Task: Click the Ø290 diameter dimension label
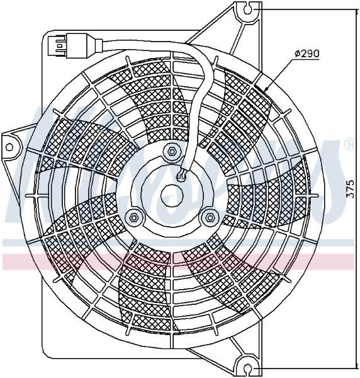click(307, 54)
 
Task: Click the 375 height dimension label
click(351, 189)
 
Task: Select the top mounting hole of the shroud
click(248, 9)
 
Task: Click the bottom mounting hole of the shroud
click(248, 369)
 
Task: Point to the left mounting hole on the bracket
click(9, 147)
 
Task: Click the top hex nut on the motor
click(172, 152)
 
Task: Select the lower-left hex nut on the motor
click(134, 217)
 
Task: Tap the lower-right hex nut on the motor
click(208, 217)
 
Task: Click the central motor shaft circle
click(172, 195)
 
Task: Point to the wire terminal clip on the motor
click(182, 175)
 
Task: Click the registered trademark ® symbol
click(351, 144)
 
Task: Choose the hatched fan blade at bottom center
click(145, 289)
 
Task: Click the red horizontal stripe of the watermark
click(178, 261)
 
